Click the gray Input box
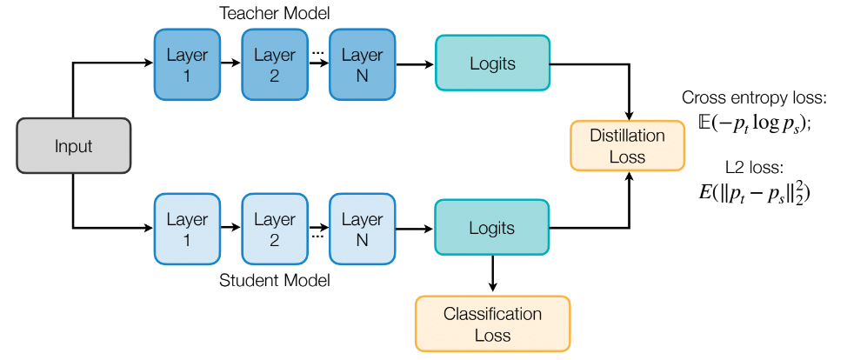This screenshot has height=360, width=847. pos(73,146)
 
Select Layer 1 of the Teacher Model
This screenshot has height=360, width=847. pos(187,64)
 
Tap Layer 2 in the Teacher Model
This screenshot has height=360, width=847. pos(274,64)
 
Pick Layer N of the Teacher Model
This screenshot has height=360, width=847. pos(362,64)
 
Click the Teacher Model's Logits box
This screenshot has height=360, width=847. pos(492,63)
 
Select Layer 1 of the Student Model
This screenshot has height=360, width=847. pos(187,230)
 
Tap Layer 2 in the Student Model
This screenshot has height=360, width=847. pos(274,230)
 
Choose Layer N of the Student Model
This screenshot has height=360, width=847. pos(362,230)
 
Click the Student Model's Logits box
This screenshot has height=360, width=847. pos(492,229)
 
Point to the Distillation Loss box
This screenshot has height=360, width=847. pos(627,146)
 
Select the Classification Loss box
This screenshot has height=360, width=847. pos(492,323)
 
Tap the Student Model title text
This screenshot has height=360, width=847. pos(275,281)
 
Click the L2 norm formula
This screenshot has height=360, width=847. pos(754,192)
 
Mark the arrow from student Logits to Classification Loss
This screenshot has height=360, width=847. pos(493,275)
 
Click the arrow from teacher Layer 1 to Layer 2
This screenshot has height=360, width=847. pos(230,63)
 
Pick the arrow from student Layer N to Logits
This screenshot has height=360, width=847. pos(415,230)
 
